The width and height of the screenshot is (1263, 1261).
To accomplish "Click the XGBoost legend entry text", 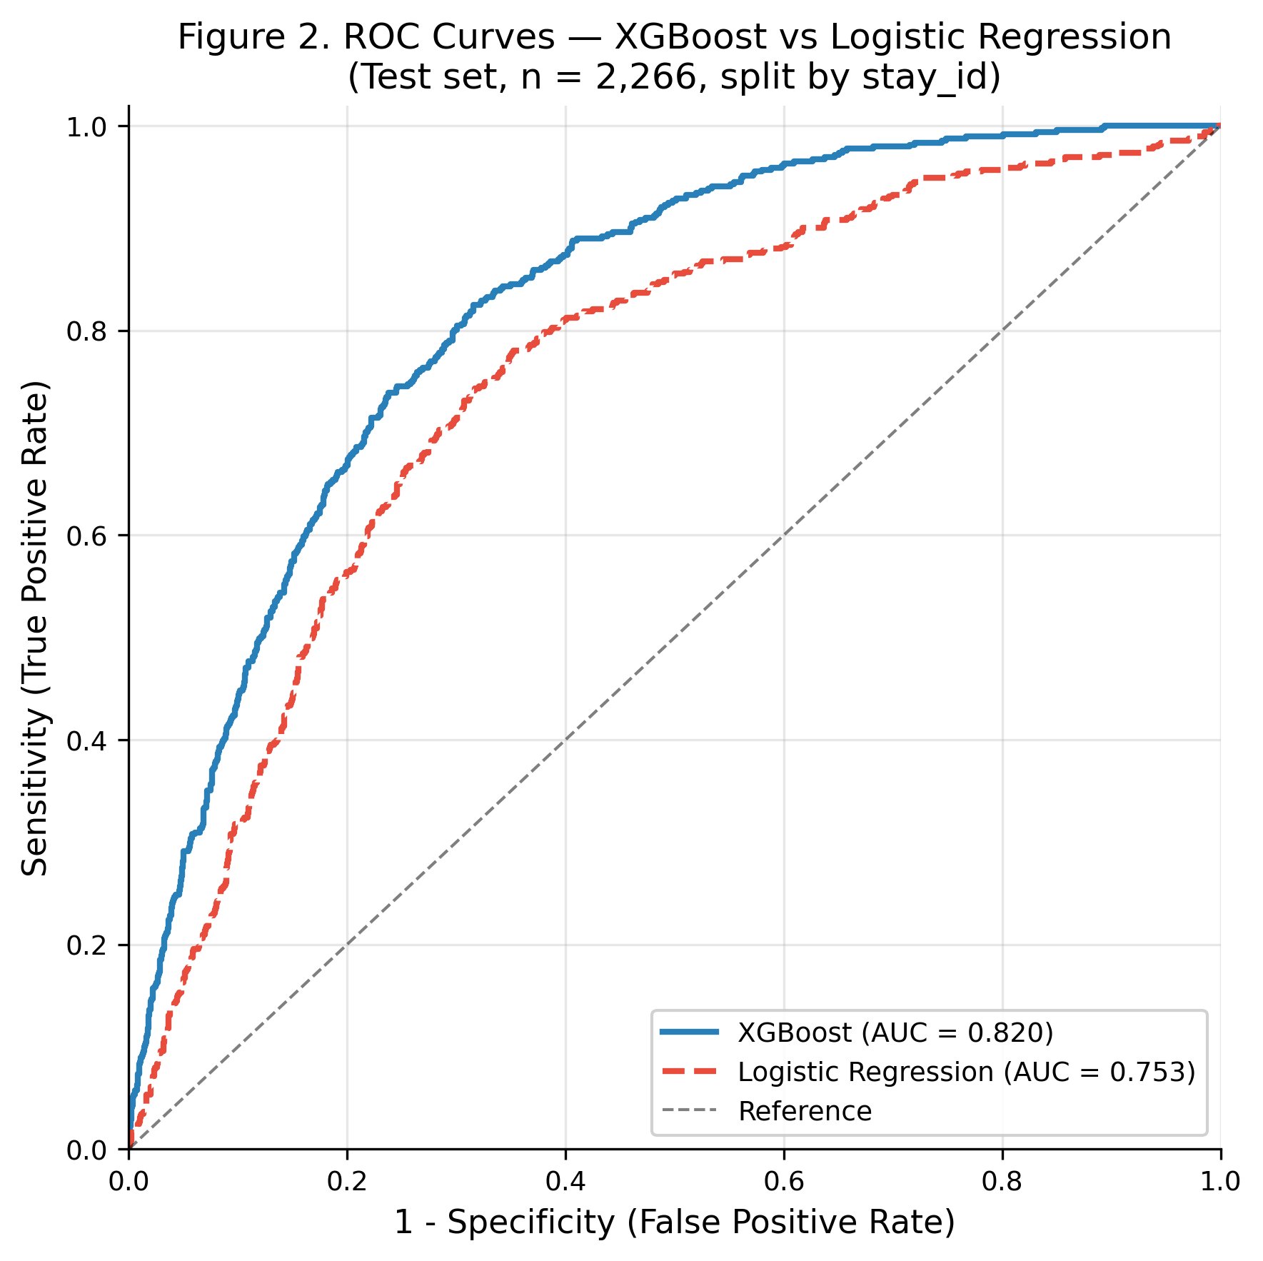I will [x=895, y=1033].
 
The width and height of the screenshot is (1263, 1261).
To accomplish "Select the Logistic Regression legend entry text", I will [x=966, y=1072].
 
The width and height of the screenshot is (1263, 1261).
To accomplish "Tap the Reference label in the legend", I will [x=805, y=1111].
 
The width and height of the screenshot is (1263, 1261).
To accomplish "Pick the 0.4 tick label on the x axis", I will [x=565, y=1182].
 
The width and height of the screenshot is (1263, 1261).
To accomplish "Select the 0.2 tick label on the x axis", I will [x=346, y=1182].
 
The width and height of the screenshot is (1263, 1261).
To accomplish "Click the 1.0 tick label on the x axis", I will [x=1219, y=1182].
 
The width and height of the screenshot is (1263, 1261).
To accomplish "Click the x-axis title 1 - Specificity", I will [x=674, y=1223].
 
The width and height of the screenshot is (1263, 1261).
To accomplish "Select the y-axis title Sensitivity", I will [x=34, y=628].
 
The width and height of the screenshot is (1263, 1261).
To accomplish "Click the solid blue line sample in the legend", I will [x=689, y=1031].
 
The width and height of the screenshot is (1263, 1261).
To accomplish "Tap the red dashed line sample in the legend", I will [x=689, y=1070].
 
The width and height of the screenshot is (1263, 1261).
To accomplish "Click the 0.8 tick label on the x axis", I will [x=1001, y=1182].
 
